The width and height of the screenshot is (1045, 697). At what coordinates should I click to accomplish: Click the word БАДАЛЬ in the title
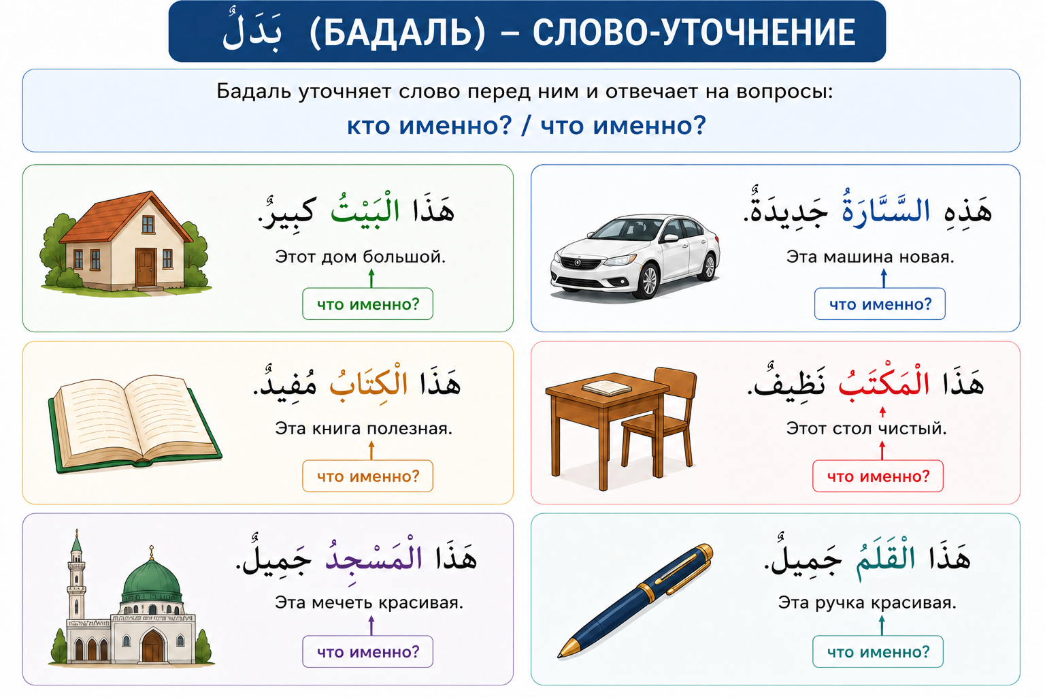397,33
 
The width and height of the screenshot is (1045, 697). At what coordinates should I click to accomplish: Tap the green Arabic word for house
365,209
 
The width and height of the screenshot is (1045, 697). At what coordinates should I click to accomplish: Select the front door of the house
146,267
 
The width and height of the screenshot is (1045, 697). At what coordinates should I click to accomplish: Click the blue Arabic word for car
886,209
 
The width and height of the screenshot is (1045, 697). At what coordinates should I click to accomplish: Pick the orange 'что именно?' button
367,476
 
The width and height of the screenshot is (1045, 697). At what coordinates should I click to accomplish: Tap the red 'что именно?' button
878,476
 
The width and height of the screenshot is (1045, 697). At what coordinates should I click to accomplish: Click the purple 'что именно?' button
367,651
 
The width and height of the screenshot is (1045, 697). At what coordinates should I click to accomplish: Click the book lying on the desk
606,387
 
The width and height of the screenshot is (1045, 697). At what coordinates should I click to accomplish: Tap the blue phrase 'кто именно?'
429,126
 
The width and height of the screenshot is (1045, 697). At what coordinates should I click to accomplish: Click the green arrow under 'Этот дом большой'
371,278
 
